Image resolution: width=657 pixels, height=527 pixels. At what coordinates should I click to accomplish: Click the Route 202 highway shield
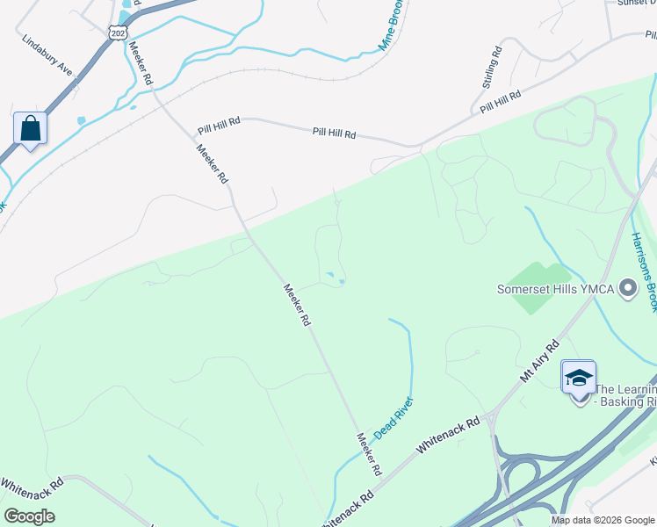pos(119,32)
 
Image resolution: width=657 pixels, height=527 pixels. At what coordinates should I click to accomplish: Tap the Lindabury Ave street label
pos(47,54)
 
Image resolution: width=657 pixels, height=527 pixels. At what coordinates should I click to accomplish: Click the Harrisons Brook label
pos(644,271)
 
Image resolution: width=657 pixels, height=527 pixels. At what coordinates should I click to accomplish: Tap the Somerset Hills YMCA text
pos(555,288)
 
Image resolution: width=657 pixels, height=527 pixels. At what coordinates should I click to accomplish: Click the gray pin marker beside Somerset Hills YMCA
pos(627,288)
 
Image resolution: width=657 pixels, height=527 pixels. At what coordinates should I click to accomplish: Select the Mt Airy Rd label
pos(539,361)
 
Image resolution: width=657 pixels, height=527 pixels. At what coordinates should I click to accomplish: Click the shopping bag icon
pos(31,128)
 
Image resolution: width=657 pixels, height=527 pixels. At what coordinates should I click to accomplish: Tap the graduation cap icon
pos(579,378)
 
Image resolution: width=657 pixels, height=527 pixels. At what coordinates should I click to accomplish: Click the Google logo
pos(30,516)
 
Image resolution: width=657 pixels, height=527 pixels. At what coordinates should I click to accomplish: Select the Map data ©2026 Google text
pos(602,520)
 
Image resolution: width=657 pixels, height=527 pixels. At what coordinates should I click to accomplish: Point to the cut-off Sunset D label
pos(636,3)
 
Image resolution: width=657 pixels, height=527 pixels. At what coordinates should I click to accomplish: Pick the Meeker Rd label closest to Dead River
pos(369,453)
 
